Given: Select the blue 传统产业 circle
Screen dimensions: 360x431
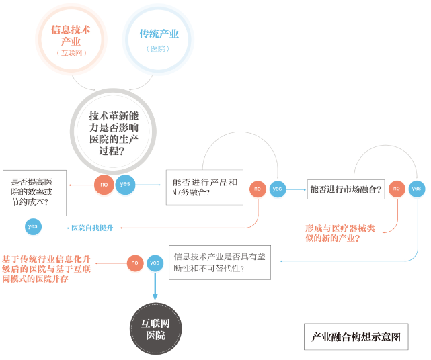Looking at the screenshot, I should [158, 38].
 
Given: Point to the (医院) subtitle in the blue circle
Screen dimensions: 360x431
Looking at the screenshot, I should [158, 49].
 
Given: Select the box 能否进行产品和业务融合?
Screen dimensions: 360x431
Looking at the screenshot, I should [204, 187].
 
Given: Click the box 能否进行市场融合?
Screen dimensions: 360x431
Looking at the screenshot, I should [346, 189].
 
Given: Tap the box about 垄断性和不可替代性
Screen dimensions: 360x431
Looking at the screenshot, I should [219, 261].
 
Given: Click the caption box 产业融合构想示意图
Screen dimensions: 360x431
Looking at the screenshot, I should [356, 336].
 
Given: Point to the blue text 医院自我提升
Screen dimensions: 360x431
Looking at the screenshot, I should [92, 228].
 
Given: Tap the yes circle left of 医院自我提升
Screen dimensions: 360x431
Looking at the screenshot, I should [33, 227].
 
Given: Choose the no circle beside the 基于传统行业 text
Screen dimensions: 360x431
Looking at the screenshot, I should [135, 263].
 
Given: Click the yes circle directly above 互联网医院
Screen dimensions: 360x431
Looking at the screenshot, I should [155, 263].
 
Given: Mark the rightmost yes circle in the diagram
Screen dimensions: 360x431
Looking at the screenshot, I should [417, 189].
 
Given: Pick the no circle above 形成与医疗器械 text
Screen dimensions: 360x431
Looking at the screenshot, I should [397, 189].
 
